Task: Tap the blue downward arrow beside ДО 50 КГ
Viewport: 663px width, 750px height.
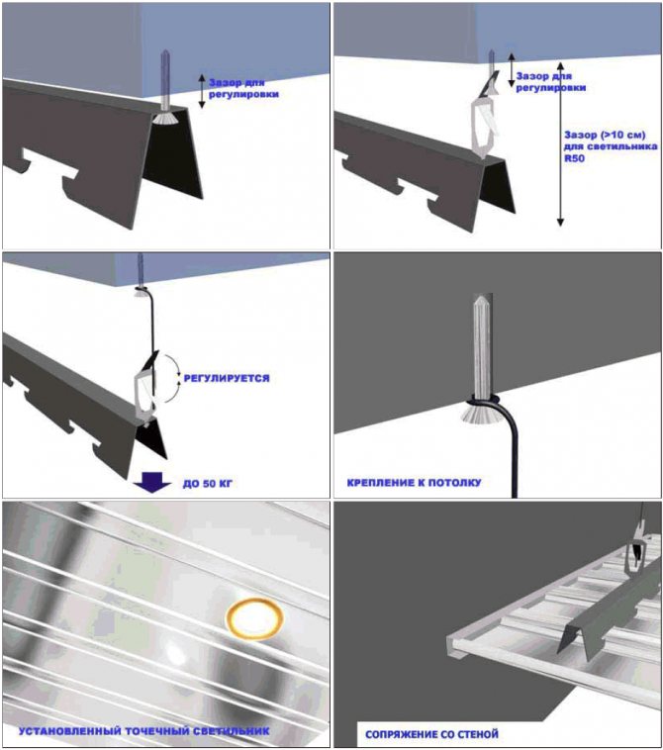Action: [152, 482]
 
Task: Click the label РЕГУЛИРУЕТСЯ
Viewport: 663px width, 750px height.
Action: [227, 378]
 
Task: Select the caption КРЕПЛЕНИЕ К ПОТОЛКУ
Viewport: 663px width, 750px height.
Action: [414, 482]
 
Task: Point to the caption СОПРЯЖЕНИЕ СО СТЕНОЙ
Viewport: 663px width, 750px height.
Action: [431, 734]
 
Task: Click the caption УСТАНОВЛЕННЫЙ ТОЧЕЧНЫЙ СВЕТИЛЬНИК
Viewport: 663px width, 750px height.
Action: [144, 731]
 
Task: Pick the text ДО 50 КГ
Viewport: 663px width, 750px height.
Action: [207, 484]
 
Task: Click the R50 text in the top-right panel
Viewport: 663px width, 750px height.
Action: [574, 158]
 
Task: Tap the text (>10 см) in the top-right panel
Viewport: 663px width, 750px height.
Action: [621, 135]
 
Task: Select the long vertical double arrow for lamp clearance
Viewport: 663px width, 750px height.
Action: [560, 143]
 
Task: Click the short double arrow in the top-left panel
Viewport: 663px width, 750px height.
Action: [202, 91]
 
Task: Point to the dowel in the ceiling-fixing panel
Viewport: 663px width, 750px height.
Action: [482, 345]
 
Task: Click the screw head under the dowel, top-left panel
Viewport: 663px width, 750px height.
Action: [164, 119]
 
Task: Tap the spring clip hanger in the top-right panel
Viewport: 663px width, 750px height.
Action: [484, 120]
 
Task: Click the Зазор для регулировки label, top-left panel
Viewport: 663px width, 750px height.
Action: [243, 88]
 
